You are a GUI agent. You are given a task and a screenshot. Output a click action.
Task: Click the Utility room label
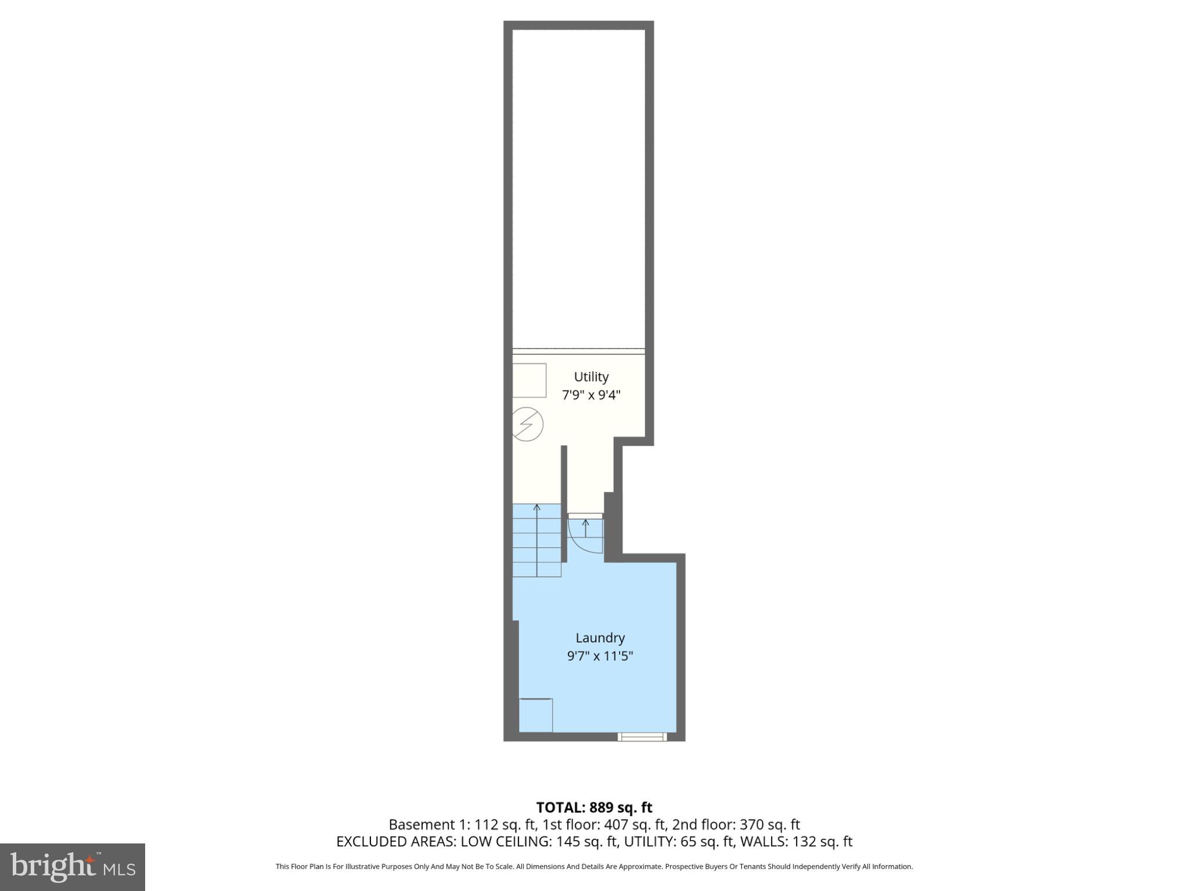coord(591,376)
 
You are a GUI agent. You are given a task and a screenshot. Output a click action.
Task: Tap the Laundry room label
coord(600,638)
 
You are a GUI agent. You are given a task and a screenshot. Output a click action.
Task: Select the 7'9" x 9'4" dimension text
coord(591,395)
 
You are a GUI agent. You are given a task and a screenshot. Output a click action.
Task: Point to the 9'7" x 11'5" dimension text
coord(600,656)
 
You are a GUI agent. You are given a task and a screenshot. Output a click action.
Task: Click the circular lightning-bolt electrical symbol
coord(527,425)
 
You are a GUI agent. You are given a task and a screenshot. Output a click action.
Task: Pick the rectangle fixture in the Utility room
coord(529,380)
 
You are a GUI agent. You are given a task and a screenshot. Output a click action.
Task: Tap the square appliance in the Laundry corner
coord(535,715)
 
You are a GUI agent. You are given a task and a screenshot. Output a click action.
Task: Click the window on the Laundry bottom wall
coord(642,737)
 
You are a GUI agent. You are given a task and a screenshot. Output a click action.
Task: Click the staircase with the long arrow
coord(537,541)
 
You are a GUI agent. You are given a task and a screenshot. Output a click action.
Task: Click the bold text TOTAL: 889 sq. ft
coord(594,807)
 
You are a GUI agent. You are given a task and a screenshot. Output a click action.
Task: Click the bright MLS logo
coord(73,867)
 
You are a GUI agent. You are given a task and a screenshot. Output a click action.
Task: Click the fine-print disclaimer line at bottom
coord(594,867)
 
